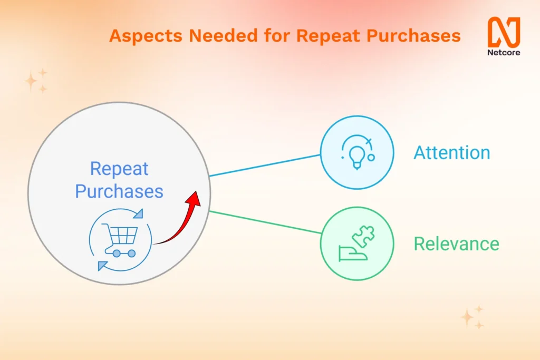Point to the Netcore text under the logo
click(x=504, y=53)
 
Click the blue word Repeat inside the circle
click(x=119, y=169)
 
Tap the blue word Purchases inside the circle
click(x=119, y=191)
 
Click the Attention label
click(x=452, y=153)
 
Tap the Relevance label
click(x=456, y=244)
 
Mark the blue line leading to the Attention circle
click(x=265, y=166)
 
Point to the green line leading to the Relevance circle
click(x=265, y=222)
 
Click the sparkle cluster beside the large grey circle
click(x=36, y=81)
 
